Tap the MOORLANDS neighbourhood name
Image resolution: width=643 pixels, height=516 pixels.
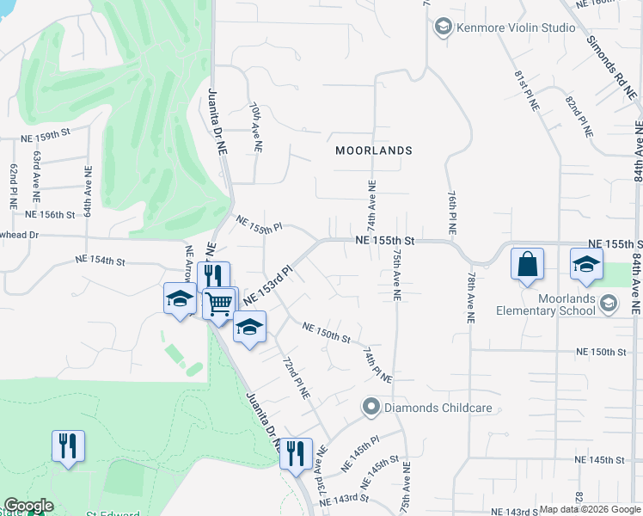[x=373, y=150]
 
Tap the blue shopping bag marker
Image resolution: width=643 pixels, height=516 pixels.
[x=528, y=264]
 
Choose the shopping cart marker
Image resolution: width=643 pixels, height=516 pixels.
[x=219, y=302]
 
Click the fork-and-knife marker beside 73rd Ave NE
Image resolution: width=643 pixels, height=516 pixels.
[x=296, y=453]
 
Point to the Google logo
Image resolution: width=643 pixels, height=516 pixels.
[x=28, y=506]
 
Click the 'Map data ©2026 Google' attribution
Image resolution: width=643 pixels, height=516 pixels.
[x=590, y=509]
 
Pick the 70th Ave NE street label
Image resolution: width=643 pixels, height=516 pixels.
[x=255, y=128]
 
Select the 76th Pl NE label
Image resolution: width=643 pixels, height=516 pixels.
[x=450, y=213]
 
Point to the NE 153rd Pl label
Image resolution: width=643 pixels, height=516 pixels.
[x=268, y=284]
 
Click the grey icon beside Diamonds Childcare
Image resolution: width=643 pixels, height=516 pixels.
[x=371, y=405]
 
